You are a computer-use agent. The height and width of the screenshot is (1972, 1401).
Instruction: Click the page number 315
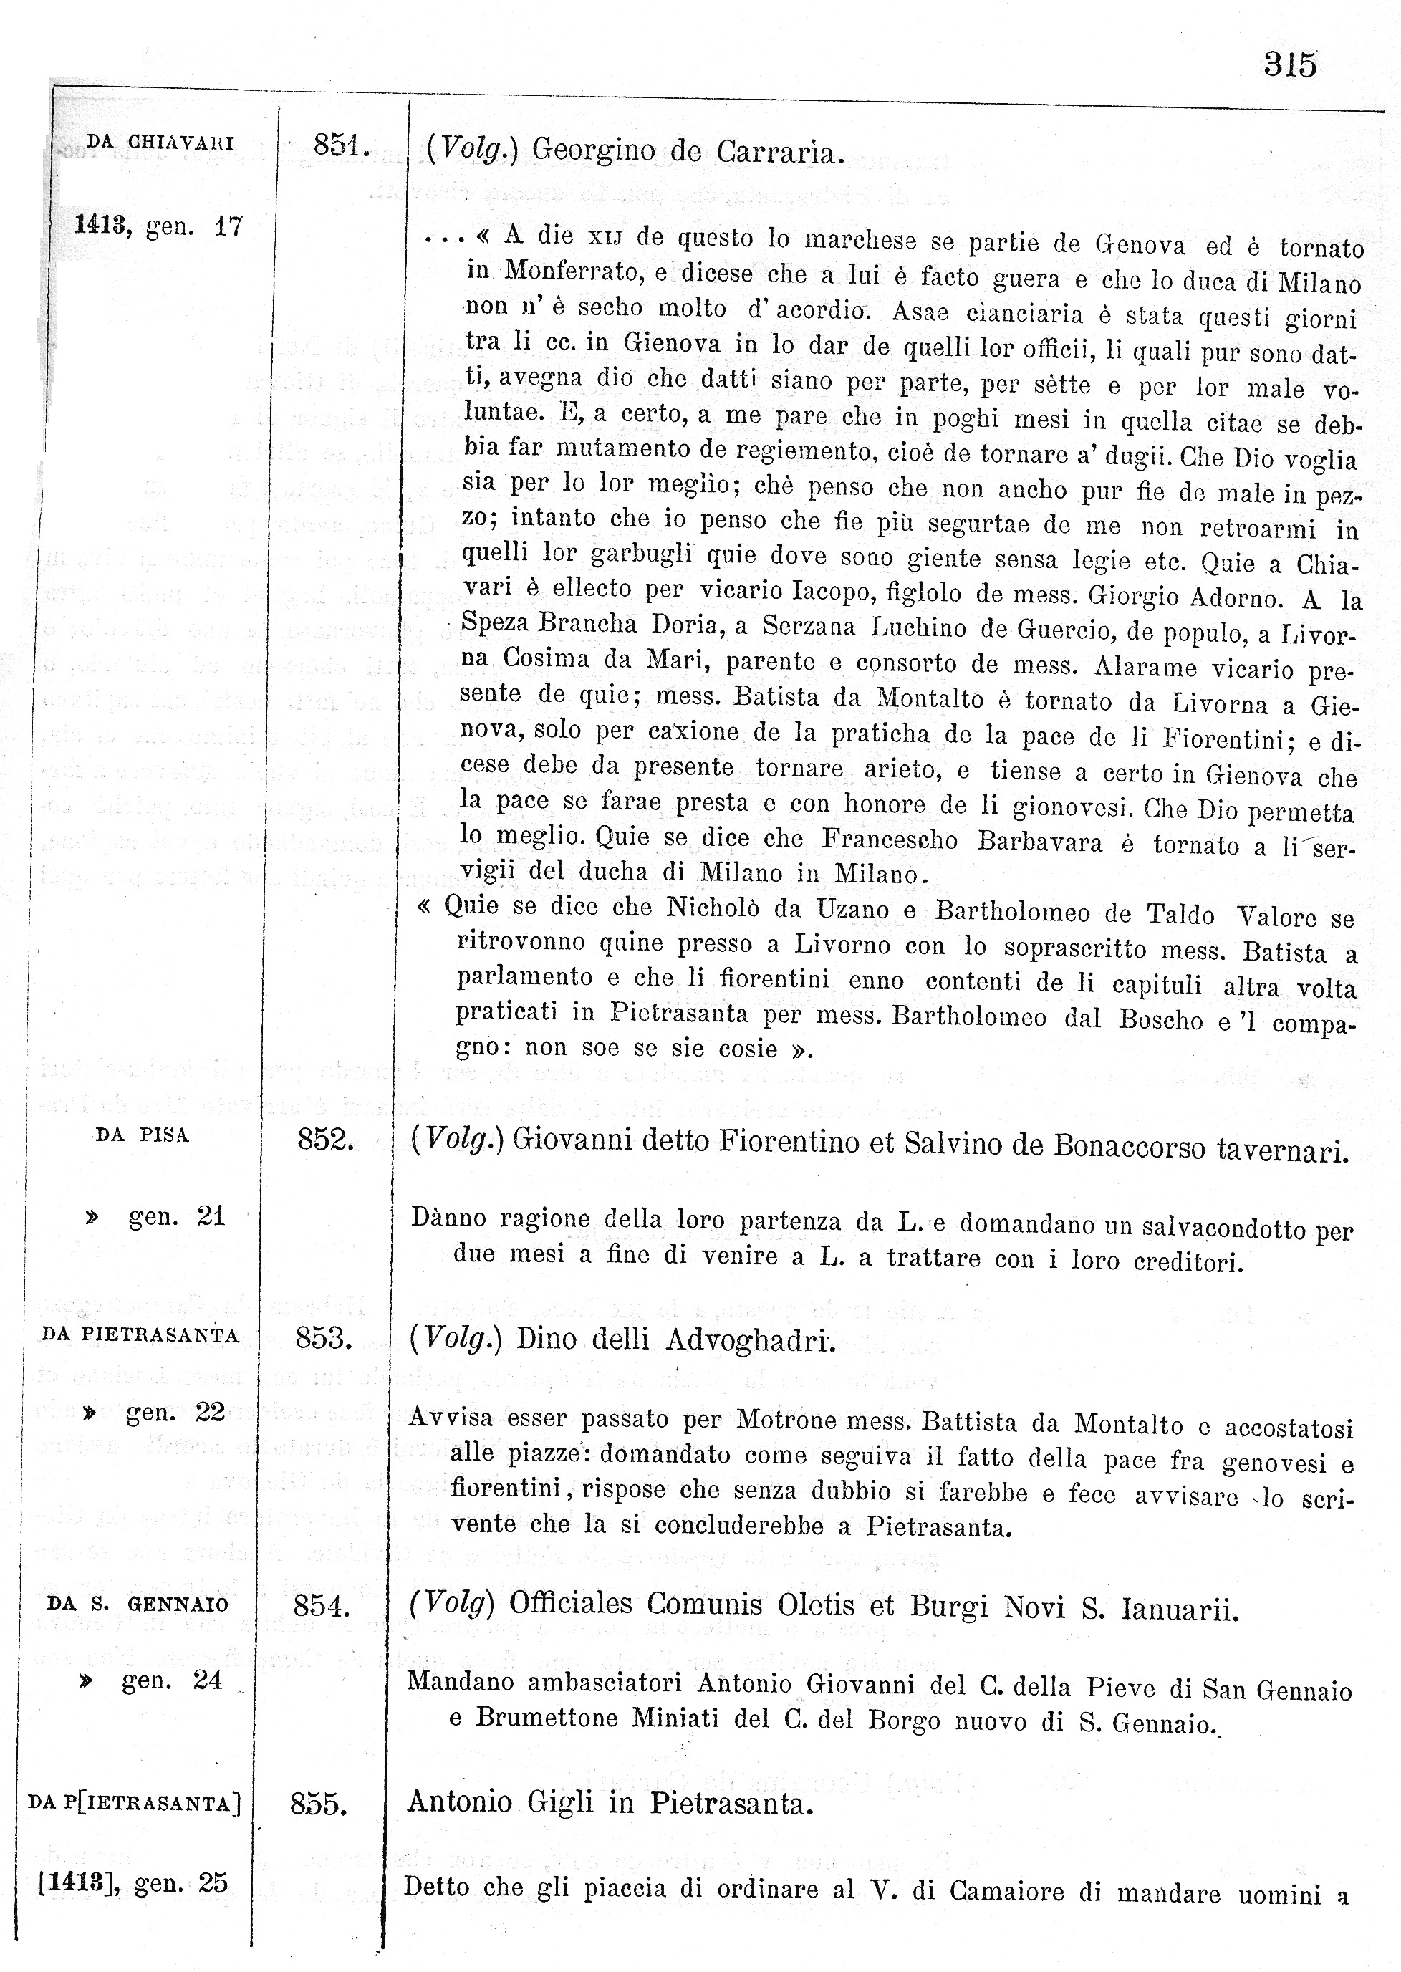click(1290, 64)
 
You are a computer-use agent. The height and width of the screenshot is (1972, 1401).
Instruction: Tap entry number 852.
click(325, 1140)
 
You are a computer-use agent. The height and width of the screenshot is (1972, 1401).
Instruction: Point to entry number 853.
click(324, 1338)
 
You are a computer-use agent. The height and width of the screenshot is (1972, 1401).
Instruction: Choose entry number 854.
click(321, 1605)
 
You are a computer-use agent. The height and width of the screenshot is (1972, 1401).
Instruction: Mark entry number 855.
click(318, 1804)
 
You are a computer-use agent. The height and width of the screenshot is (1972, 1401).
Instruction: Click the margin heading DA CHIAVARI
click(160, 143)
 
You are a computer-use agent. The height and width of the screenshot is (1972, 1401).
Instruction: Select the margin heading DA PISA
click(143, 1135)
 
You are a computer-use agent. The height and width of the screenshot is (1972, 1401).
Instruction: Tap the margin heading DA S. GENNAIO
click(138, 1605)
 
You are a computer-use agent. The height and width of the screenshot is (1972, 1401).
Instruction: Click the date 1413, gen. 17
click(159, 226)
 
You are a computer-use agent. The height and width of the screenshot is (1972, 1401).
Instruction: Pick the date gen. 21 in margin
click(176, 1216)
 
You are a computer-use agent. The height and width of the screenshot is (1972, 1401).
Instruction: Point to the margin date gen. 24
click(172, 1680)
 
